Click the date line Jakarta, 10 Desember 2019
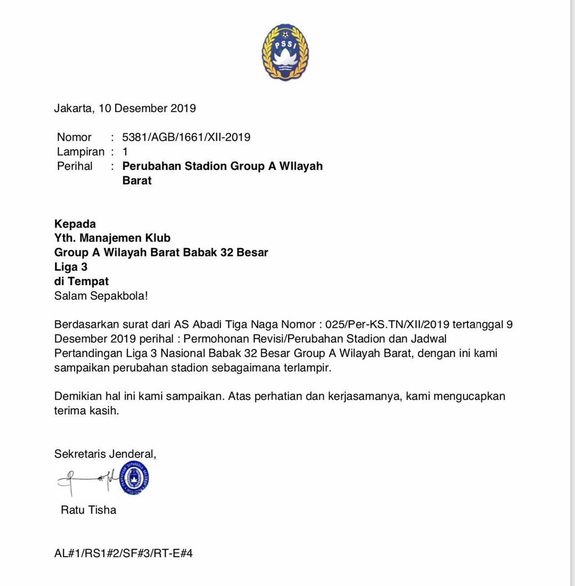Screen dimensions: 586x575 click(125, 109)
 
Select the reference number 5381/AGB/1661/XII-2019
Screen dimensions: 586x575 click(186, 137)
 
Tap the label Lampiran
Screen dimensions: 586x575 click(80, 152)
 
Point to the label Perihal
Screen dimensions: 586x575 click(75, 166)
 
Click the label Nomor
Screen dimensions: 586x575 click(74, 137)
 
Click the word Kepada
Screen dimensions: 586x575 click(75, 224)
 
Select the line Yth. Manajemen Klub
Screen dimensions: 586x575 click(112, 238)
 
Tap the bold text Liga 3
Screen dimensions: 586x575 click(71, 267)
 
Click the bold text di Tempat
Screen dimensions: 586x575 click(81, 281)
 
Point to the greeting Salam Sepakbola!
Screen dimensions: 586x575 click(101, 296)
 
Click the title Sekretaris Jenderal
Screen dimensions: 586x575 click(105, 454)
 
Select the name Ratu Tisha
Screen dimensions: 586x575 click(88, 510)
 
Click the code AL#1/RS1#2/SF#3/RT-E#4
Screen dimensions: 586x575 click(124, 554)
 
